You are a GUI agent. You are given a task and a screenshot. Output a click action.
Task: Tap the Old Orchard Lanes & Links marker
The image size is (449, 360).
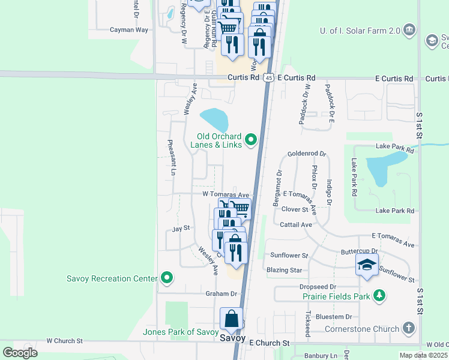(250, 141)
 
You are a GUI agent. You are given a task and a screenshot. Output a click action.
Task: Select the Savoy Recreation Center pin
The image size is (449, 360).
(167, 278)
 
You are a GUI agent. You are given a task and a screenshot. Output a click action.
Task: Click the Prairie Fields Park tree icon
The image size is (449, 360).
(379, 295)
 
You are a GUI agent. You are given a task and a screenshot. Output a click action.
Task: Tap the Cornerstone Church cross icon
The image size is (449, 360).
(409, 328)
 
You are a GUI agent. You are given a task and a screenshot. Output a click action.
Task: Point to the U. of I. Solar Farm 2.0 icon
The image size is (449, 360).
(409, 29)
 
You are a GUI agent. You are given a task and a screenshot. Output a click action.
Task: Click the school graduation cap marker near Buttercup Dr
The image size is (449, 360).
(367, 265)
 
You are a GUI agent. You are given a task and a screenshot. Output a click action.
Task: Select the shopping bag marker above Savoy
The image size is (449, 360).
(232, 318)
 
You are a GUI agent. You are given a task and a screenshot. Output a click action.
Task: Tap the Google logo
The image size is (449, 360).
(20, 352)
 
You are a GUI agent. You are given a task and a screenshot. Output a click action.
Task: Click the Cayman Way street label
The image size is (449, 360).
(128, 29)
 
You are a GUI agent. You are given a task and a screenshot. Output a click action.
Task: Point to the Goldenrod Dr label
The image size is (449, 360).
(306, 154)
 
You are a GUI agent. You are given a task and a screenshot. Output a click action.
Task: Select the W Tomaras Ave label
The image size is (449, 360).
(225, 194)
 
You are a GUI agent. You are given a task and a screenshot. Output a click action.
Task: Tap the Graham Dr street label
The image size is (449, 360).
(221, 293)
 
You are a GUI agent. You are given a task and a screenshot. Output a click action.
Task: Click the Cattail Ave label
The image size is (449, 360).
(297, 224)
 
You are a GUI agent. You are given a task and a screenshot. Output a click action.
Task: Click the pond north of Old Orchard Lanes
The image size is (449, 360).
(214, 120)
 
